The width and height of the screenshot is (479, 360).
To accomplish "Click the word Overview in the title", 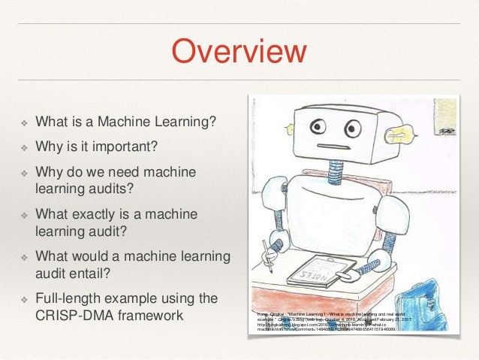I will pyautogui.click(x=239, y=52).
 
